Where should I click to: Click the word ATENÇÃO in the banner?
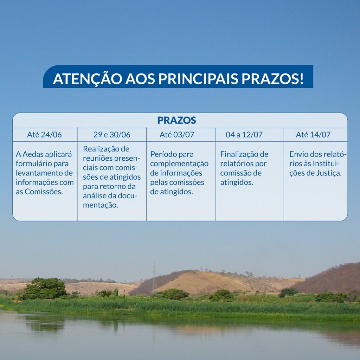[x=88, y=78]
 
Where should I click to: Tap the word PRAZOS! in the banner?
[x=272, y=78]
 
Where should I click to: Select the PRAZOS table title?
[x=176, y=120]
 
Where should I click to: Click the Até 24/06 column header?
[x=45, y=135]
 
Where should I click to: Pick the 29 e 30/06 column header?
[x=112, y=135]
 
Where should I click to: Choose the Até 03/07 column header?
[x=177, y=135]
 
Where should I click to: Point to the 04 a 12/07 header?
[x=244, y=135]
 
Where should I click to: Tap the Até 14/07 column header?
[x=313, y=135]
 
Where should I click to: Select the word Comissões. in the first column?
[x=44, y=192]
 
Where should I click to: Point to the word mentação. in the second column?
[x=101, y=205]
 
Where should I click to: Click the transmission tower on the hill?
[x=155, y=278]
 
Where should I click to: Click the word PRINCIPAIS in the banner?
[x=198, y=78]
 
